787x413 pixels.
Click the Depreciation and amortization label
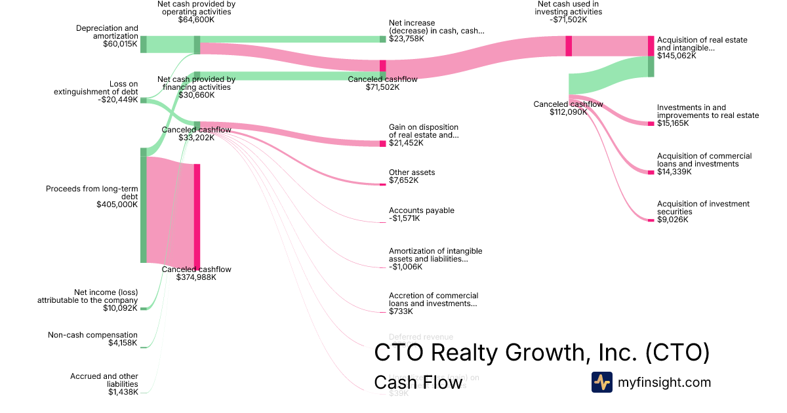107,32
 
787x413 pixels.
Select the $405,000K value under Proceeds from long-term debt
117,205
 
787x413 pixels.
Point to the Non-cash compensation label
92,335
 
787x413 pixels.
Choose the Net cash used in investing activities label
567,7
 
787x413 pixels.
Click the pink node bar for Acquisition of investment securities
651,220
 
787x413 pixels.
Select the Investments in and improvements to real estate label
708,111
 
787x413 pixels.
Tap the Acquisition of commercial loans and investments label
704,160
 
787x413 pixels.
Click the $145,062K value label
676,56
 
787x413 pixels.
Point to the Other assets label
411,172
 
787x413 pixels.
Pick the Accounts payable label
421,210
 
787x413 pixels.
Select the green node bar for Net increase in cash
383,39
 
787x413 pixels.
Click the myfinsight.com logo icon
601,382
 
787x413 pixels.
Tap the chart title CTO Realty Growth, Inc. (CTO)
542,353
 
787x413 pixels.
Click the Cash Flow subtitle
418,383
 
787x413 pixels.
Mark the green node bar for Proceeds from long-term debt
144,205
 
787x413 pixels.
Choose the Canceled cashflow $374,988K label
196,273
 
